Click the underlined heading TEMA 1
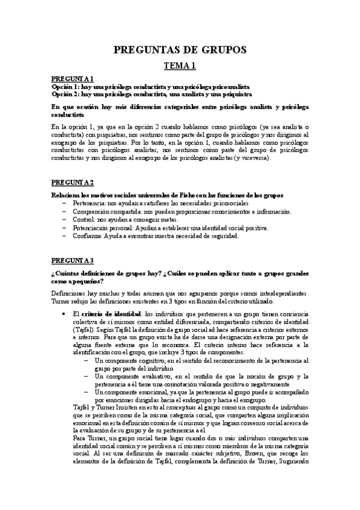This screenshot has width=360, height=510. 180,66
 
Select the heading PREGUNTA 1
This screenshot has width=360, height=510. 72,79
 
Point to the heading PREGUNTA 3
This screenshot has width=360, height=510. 72,260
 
